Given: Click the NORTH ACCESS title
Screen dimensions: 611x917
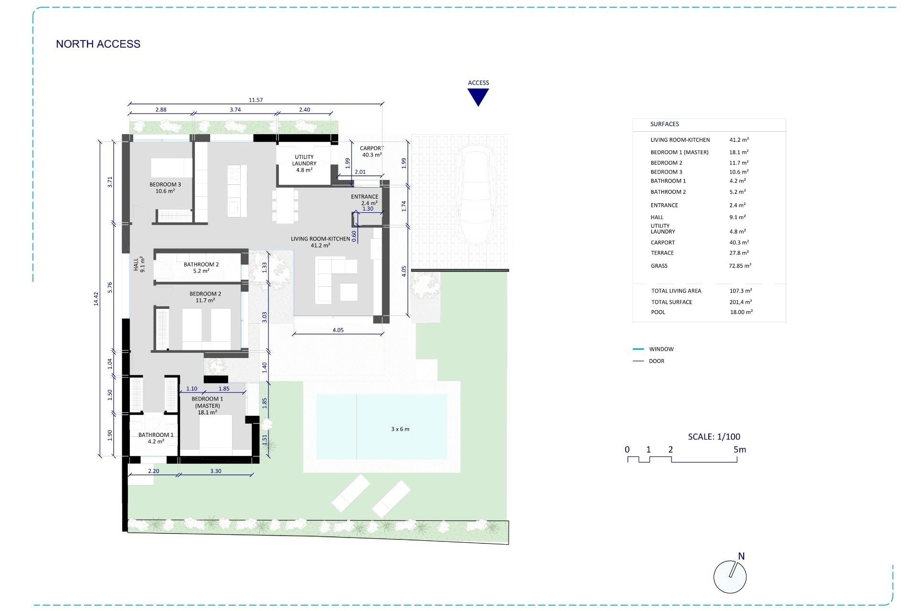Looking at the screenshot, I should coord(98,44).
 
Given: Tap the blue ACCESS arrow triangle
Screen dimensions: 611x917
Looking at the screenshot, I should coord(478,96).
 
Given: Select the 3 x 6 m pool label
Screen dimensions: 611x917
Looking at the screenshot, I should coord(400,429).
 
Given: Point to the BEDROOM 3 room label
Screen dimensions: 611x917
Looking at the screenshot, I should coord(165,188).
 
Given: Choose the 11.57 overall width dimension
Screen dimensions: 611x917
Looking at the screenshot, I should coord(256,100).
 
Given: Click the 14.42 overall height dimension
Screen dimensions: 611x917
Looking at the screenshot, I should coord(96,299).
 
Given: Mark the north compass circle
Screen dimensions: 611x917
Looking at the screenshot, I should coord(729,577).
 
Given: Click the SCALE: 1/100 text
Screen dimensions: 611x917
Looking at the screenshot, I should coord(714,436).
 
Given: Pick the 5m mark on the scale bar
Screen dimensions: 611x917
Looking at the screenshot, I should coord(739,450).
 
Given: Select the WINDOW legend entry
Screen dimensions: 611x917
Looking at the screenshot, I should coord(661,349).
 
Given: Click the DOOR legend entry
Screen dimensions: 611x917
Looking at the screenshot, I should coord(656,361).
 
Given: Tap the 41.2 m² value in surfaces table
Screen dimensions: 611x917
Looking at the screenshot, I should coord(739,140).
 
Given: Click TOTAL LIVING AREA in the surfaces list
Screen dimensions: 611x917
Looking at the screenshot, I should coord(676,291).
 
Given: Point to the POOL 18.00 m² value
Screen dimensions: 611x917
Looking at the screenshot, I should coord(741,312).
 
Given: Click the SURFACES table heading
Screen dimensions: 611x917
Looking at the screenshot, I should coord(664,124).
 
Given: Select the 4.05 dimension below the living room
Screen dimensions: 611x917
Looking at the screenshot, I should coord(338,330).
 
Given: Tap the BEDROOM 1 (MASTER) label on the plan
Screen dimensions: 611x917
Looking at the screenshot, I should coord(207,405).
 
